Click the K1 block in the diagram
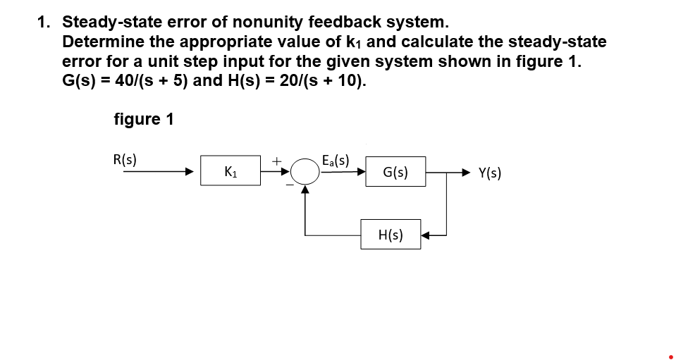[230, 171]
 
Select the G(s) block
[395, 171]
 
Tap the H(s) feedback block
[391, 235]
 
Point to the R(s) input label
[125, 159]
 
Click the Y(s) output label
[490, 172]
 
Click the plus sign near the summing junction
[278, 161]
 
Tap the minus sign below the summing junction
[289, 185]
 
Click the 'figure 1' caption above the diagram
[143, 119]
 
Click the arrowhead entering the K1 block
[189, 171]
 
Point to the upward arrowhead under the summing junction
[305, 188]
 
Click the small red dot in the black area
[670, 356]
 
